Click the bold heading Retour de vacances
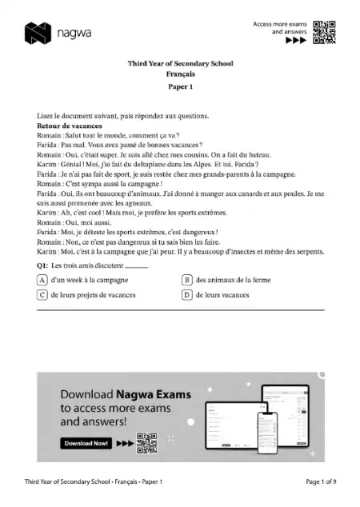[x=70, y=126]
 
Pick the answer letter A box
[x=42, y=279]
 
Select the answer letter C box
[x=42, y=294]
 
